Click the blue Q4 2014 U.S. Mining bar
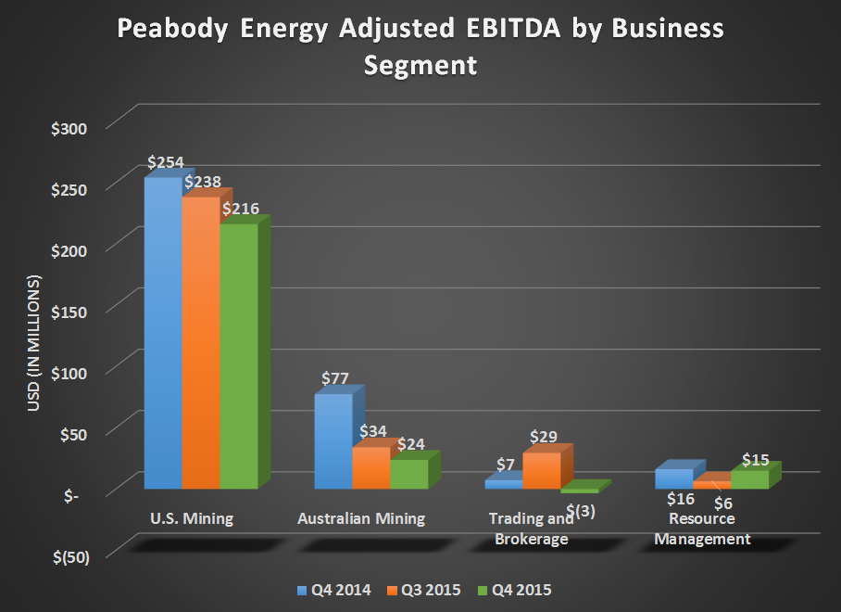pyautogui.click(x=162, y=334)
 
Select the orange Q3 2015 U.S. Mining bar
pyautogui.click(x=200, y=343)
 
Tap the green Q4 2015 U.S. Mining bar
pyautogui.click(x=238, y=357)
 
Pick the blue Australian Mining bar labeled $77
pyautogui.click(x=333, y=441)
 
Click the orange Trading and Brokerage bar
pyautogui.click(x=541, y=470)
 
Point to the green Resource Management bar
pyautogui.click(x=749, y=478)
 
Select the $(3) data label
pyautogui.click(x=580, y=511)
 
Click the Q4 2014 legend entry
pyautogui.click(x=329, y=590)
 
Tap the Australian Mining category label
pyautogui.click(x=361, y=518)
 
